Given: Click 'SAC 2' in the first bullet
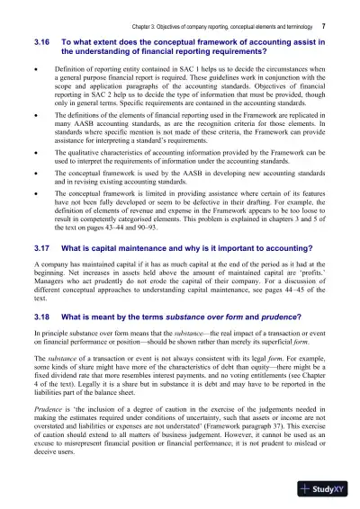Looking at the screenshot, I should pyautogui.click(x=114, y=109).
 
